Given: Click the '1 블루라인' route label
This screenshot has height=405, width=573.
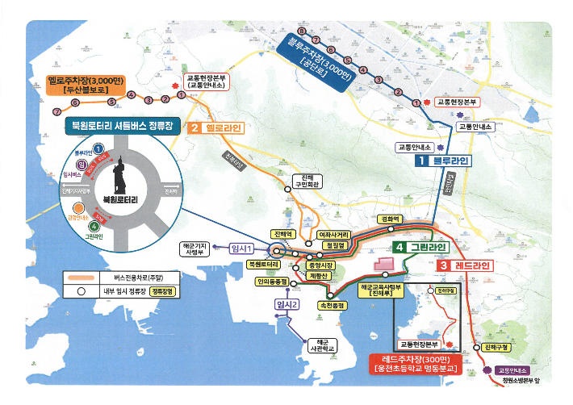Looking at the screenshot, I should point(443,161).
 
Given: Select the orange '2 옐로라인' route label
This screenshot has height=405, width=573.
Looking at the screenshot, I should point(215,127).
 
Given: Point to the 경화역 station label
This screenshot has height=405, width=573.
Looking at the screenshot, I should point(390,219).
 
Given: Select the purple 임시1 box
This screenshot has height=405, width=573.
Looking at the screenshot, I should point(242,248).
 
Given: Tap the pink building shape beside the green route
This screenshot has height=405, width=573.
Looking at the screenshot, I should point(381,263).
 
